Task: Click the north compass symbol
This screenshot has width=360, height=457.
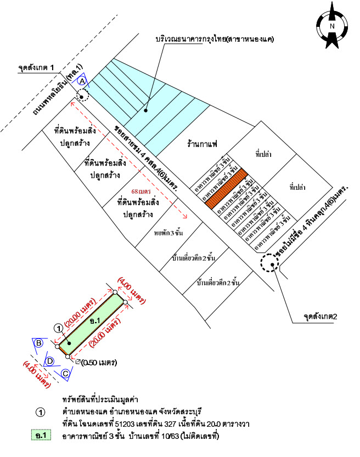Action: (x=332, y=26)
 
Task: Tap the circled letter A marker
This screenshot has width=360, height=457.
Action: (x=82, y=81)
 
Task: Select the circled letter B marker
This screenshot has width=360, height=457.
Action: (x=39, y=343)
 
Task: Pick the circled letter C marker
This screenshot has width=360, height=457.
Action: (x=65, y=373)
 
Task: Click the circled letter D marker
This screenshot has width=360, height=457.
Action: (x=49, y=361)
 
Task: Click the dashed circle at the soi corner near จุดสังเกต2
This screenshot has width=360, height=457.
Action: (x=269, y=264)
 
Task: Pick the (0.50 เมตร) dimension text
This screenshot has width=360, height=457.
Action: (x=100, y=363)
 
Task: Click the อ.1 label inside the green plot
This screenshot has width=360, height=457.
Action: (x=94, y=320)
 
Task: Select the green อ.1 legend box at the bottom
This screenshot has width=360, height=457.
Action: (x=41, y=436)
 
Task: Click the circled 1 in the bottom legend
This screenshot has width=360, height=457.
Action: (x=40, y=411)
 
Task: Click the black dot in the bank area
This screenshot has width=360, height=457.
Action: (x=145, y=110)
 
